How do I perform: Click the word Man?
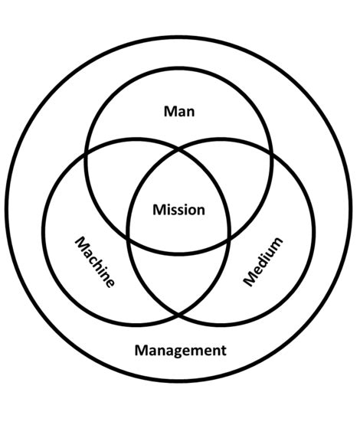pyautogui.click(x=179, y=111)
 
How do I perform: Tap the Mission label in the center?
pyautogui.click(x=179, y=210)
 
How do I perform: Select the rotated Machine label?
pyautogui.click(x=95, y=263)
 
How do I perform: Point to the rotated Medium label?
pyautogui.click(x=263, y=262)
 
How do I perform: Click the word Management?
pyautogui.click(x=181, y=351)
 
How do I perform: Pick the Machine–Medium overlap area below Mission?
pyautogui.click(x=179, y=276)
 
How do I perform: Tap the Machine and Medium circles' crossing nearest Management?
pyautogui.click(x=179, y=315)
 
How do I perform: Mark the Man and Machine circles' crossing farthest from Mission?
pyautogui.click(x=86, y=154)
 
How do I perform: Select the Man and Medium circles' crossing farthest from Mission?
pyautogui.click(x=272, y=154)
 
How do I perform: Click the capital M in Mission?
pyautogui.click(x=159, y=210)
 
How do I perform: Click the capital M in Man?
pyautogui.click(x=170, y=111)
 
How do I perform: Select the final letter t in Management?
pyautogui.click(x=224, y=351)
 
